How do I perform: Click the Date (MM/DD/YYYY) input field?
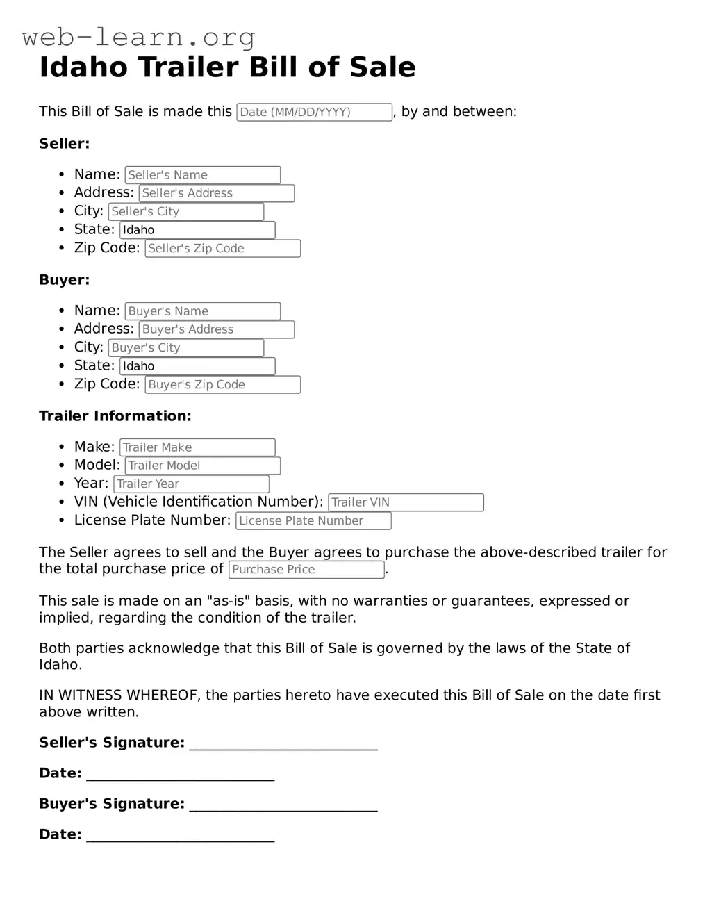tap(314, 112)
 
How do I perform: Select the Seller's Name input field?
tap(202, 175)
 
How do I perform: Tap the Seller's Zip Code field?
tap(222, 249)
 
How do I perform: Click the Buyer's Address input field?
tap(216, 329)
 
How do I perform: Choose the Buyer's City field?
tap(185, 347)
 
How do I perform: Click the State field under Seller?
tap(197, 230)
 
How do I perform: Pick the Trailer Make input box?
tap(197, 447)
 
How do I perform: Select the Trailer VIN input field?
tap(406, 502)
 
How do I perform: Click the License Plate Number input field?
tap(313, 521)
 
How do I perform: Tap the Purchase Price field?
tap(306, 570)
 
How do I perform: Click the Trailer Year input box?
tap(191, 484)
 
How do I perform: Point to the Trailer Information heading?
tap(115, 416)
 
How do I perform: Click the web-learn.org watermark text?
tap(139, 37)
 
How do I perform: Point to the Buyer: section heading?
tap(64, 280)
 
